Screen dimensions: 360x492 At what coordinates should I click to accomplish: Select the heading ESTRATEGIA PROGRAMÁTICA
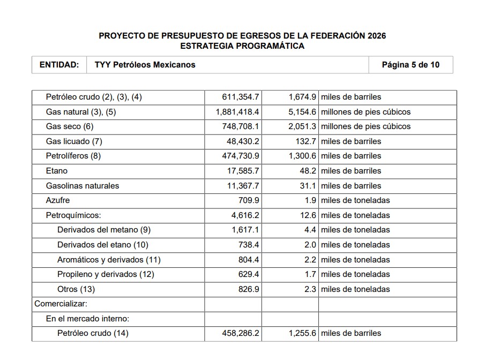point(242,46)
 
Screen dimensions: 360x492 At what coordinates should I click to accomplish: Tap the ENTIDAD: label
point(59,65)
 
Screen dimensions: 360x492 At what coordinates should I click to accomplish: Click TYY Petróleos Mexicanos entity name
point(145,65)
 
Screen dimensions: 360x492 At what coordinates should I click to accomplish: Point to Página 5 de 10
point(411,65)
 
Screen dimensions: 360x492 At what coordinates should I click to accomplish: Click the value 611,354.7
point(241,97)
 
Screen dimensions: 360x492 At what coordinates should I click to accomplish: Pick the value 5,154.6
point(302,112)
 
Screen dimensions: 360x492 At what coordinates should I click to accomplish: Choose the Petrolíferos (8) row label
point(73,156)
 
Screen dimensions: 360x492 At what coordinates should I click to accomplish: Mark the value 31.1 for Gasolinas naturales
point(309,186)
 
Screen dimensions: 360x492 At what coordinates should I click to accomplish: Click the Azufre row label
point(58,200)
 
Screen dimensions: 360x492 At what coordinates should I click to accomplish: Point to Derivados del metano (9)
point(104,230)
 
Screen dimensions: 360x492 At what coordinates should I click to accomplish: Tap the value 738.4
point(249,245)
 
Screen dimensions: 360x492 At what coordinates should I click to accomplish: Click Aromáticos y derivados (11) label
point(109,260)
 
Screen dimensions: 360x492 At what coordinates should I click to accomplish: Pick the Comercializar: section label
point(61,304)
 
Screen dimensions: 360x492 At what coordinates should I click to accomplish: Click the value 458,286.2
point(241,333)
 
